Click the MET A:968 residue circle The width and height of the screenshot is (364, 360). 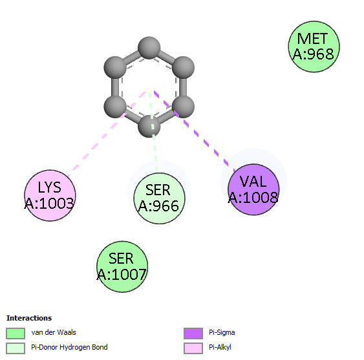pyautogui.click(x=314, y=47)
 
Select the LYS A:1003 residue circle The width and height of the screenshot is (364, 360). pyautogui.click(x=50, y=195)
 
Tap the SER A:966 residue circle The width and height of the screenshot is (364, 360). pyautogui.click(x=159, y=198)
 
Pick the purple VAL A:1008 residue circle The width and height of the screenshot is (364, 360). pyautogui.click(x=253, y=189)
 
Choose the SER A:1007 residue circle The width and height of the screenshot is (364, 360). pyautogui.click(x=122, y=266)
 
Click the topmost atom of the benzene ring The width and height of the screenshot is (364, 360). pyautogui.click(x=149, y=48)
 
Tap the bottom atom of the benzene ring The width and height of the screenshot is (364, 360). pyautogui.click(x=149, y=126)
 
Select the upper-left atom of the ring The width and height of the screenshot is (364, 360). pyautogui.click(x=115, y=68)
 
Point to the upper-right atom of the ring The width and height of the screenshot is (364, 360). pyautogui.click(x=183, y=68)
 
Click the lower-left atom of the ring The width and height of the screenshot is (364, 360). pyautogui.click(x=115, y=107)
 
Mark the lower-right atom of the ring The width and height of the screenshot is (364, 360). pyautogui.click(x=183, y=107)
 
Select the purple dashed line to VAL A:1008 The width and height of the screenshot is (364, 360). pyautogui.click(x=195, y=132)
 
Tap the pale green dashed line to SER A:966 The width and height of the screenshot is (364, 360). pyautogui.click(x=153, y=132)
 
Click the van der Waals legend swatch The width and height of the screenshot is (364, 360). pyautogui.click(x=16, y=334)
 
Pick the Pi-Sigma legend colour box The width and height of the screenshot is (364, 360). pyautogui.click(x=193, y=334)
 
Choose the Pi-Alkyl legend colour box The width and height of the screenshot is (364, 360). pyautogui.click(x=193, y=348)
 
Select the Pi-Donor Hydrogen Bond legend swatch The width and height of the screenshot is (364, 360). pyautogui.click(x=16, y=348)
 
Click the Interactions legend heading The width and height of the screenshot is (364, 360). pyautogui.click(x=29, y=318)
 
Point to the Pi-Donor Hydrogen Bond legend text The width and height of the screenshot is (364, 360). pyautogui.click(x=69, y=347)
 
